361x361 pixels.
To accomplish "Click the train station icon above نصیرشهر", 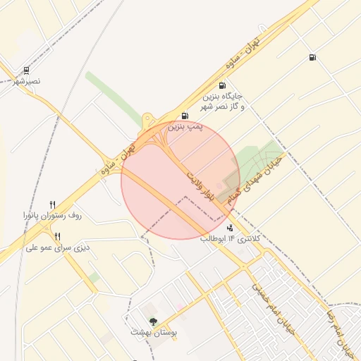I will pos(26,71).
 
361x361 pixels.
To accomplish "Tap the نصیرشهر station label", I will pos(27,82).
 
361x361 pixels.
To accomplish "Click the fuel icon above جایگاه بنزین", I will pos(223,85).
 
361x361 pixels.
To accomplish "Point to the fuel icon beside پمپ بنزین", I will pos(185,116).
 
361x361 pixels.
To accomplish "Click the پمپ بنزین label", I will pos(185,126).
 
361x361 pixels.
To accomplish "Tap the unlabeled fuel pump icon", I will pos(312,58).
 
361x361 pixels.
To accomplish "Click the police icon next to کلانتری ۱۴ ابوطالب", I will pos(231,228).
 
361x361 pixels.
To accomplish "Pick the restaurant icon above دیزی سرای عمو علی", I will pos(58,236).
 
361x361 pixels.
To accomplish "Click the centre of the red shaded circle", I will pos(180,180).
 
